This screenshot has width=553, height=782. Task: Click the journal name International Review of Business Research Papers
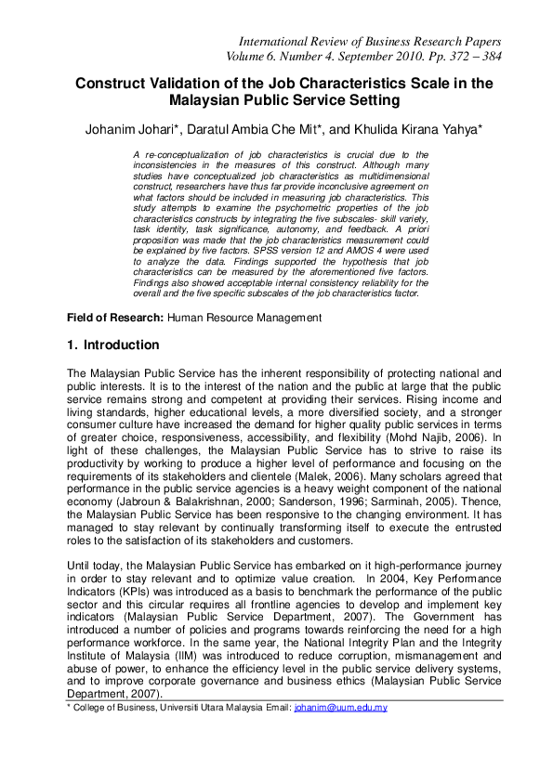pyautogui.click(x=370, y=42)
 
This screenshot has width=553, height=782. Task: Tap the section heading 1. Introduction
pyautogui.click(x=112, y=345)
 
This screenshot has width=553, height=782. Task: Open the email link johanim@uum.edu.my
pyautogui.click(x=340, y=708)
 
